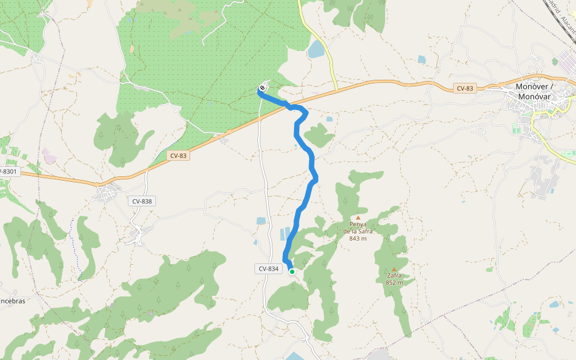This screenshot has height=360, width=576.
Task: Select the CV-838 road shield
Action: (x=142, y=201)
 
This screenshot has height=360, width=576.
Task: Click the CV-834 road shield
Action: (x=269, y=269)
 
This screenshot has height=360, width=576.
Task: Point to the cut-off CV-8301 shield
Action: (x=9, y=172)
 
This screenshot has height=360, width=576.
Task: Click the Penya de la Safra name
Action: (x=358, y=227)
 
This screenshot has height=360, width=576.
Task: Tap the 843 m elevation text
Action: (x=358, y=238)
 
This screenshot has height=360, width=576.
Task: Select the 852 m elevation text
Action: (x=394, y=283)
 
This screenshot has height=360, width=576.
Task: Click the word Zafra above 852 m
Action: (x=394, y=276)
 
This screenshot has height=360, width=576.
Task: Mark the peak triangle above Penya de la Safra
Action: (x=358, y=218)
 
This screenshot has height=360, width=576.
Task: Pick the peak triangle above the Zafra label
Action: (x=394, y=269)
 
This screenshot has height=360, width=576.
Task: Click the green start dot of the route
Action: (x=292, y=272)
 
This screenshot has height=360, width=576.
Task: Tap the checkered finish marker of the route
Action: (x=262, y=89)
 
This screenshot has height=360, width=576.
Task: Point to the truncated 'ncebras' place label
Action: (x=12, y=301)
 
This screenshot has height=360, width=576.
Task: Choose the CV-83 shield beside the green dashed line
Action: (x=178, y=155)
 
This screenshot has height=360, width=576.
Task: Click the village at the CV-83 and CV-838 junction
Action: (x=108, y=193)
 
